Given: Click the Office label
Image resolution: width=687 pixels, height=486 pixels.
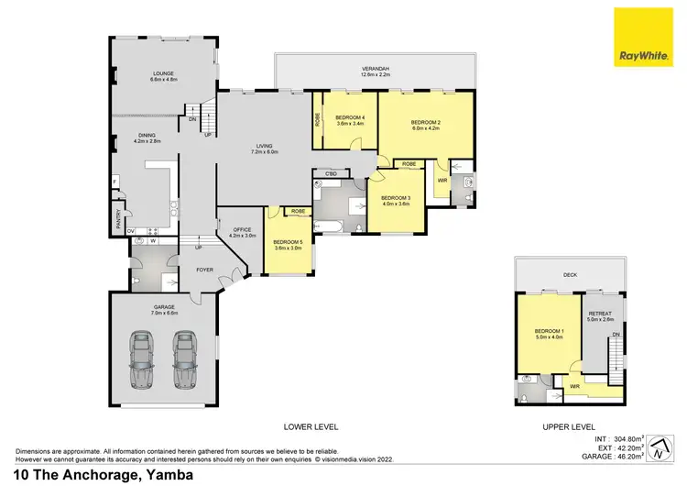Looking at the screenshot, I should coord(242,232).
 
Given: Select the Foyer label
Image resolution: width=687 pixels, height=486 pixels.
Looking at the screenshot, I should coord(203,270).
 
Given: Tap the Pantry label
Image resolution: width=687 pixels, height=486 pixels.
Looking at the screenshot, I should coord(118,220).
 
